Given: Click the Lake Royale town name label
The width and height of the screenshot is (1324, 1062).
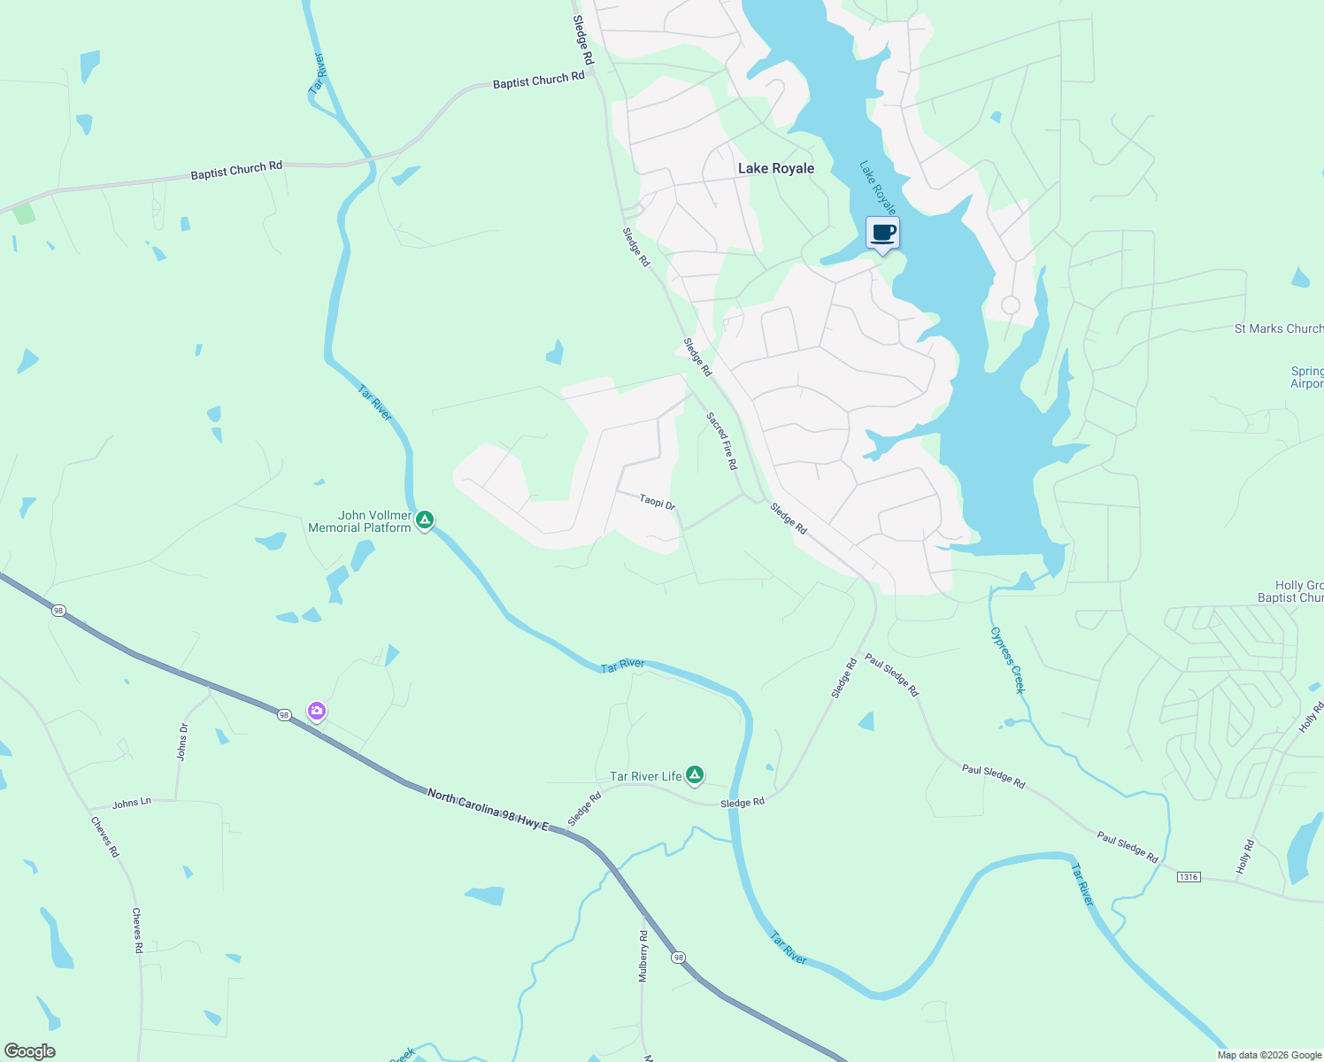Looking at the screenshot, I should (x=775, y=168).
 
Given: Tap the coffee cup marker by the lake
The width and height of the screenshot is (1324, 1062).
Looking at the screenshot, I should (x=882, y=234).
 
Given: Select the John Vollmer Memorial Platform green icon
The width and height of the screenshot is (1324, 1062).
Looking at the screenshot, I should (x=425, y=519).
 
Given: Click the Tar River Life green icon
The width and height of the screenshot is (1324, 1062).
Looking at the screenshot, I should (x=695, y=775).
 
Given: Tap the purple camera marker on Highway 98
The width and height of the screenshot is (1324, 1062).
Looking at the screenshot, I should (x=317, y=711).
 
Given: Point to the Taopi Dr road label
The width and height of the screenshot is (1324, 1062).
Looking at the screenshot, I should (x=658, y=502).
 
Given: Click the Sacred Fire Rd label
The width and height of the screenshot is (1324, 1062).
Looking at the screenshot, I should (x=721, y=441).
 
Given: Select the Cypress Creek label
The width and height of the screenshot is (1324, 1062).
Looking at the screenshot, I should (x=1007, y=660).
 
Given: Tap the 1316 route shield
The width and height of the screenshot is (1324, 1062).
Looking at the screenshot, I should (x=1189, y=877).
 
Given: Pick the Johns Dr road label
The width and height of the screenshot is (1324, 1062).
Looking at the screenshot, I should (x=183, y=742).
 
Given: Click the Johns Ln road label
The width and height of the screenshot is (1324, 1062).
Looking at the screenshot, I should (x=132, y=803).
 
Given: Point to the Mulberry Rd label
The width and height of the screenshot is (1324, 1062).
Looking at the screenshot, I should (x=643, y=956).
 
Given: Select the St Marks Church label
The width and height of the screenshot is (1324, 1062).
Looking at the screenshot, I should (x=1278, y=328).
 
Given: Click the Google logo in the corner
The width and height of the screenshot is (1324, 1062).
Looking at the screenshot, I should (x=30, y=1051).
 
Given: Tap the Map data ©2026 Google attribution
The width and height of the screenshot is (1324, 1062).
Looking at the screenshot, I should (x=1268, y=1055).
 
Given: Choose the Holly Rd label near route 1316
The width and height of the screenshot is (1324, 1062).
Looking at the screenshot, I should (x=1245, y=857).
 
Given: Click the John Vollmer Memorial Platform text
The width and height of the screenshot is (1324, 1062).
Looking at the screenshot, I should (x=360, y=521).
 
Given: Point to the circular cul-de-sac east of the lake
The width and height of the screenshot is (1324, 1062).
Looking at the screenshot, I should (x=1010, y=306).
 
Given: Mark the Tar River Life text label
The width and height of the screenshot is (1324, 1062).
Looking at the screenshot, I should (x=646, y=776).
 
